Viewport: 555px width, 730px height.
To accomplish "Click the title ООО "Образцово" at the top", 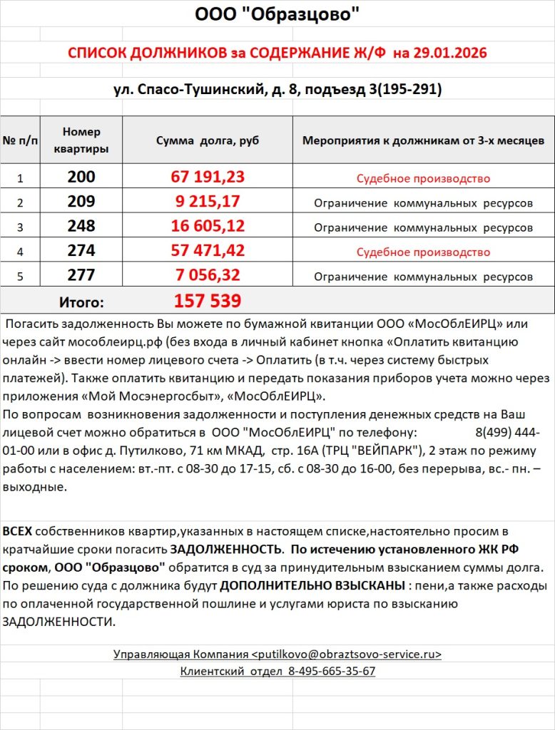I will pos(277,14).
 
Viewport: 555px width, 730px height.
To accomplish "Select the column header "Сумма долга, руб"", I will pos(207,140).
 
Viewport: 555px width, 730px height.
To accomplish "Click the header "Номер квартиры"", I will pos(81,140).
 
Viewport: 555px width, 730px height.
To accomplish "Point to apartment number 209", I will pos(81,202).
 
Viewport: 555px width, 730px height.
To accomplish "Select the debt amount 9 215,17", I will pos(208,202).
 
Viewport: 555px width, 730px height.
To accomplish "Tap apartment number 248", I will pos(81,227).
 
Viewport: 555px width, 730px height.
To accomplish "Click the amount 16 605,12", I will pos(208,227).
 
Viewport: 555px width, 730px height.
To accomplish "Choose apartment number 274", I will pos(81,251).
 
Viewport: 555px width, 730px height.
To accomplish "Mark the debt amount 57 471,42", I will pos(208,251).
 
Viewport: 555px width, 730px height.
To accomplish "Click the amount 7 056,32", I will pos(208,275).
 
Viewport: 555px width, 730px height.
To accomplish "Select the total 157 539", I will pos(208,301).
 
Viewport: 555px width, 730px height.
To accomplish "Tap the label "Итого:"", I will pos(81,302).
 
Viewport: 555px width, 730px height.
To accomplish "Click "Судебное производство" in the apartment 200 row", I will pos(423,178).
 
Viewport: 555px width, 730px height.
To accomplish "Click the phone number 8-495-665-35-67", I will pos(332,671).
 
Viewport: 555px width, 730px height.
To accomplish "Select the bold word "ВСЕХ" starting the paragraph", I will pos(17,532).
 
